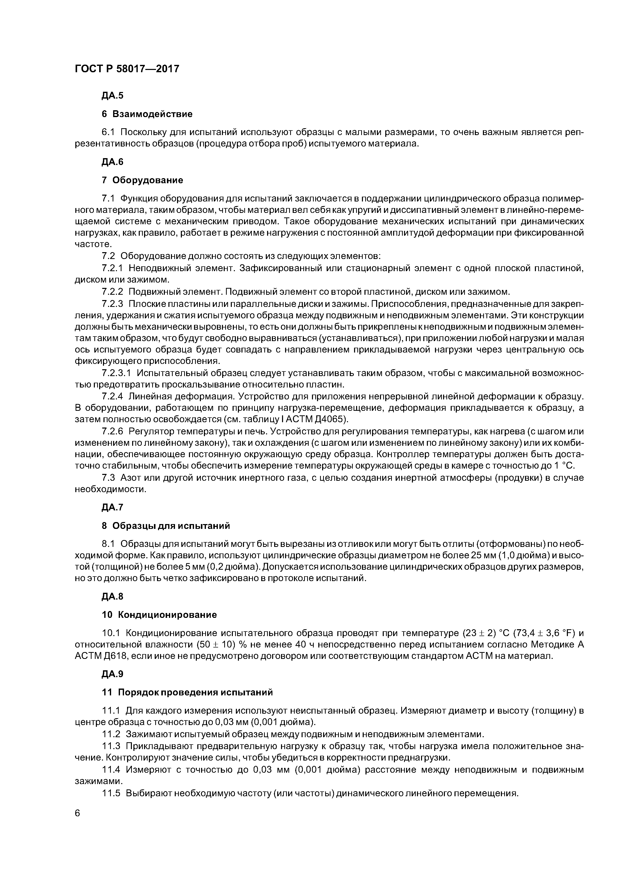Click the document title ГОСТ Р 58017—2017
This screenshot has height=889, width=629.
tap(127, 69)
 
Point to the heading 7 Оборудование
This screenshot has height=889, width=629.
tap(142, 180)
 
